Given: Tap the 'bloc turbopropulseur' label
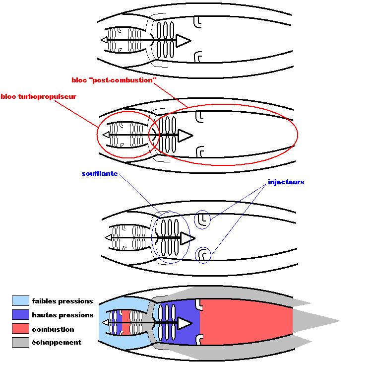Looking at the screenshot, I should (x=39, y=96).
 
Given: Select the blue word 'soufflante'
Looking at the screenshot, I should (x=99, y=174).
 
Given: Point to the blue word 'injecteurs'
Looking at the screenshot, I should (x=286, y=182).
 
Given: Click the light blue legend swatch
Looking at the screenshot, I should (x=20, y=300).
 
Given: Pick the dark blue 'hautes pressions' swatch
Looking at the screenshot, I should (x=20, y=314).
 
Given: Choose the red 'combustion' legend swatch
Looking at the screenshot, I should (x=20, y=329).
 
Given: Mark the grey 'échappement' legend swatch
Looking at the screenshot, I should (x=20, y=342).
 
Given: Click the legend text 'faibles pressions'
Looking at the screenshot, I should (x=62, y=301).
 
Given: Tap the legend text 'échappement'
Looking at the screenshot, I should (x=57, y=342).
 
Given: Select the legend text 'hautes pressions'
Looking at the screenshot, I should (x=62, y=315).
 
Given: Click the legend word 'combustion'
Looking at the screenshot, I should (x=53, y=329).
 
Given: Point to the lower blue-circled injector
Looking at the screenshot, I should (x=201, y=254).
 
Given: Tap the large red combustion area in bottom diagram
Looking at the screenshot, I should (x=246, y=323).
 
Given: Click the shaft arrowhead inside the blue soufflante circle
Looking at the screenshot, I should (x=186, y=238).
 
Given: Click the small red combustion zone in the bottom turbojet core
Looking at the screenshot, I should (x=125, y=322).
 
